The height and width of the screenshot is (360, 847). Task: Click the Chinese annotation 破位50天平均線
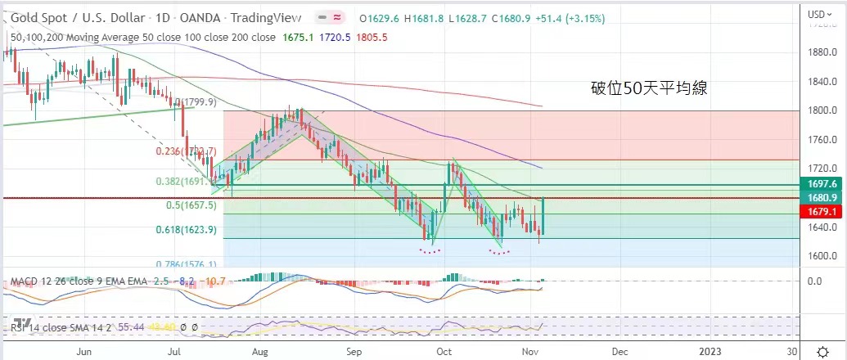[x=649, y=89]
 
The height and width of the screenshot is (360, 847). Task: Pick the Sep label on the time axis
[x=354, y=350]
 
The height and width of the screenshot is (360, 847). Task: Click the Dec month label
[x=619, y=350]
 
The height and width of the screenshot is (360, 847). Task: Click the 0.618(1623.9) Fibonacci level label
[x=185, y=230]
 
